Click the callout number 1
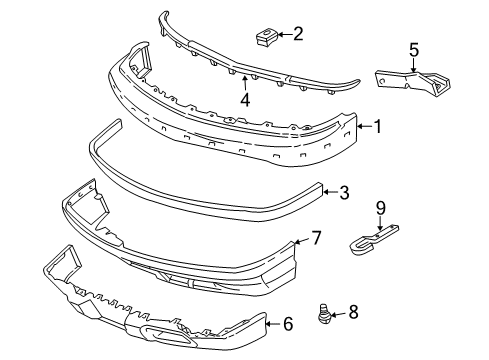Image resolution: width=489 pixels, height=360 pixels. click(x=378, y=127)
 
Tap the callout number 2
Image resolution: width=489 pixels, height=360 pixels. click(x=297, y=35)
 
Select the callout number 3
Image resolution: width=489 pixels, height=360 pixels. click(x=343, y=191)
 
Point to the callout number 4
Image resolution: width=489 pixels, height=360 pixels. click(x=244, y=100)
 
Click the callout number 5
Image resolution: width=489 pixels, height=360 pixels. click(x=414, y=48)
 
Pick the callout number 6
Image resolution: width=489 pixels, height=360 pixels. click(x=288, y=323)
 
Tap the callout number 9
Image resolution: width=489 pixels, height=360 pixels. click(x=379, y=208)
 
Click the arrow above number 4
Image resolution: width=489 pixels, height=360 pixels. click(x=244, y=82)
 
